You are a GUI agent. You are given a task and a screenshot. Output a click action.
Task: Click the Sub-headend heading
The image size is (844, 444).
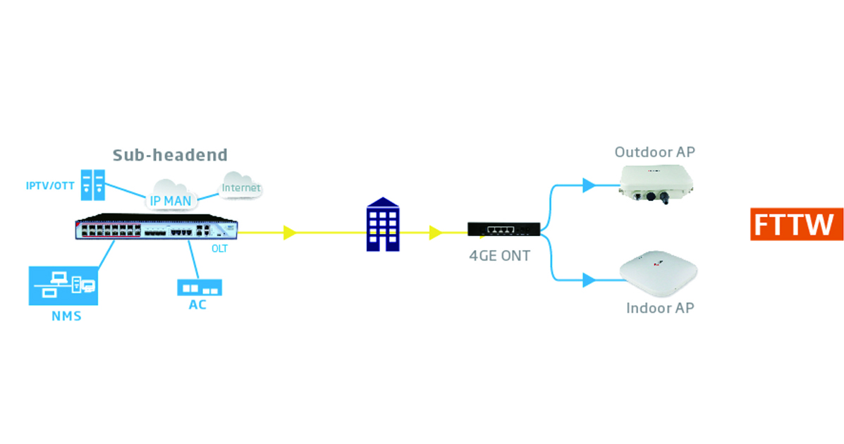pos(171,154)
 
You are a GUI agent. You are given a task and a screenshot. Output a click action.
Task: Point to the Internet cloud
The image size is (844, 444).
pos(241,186)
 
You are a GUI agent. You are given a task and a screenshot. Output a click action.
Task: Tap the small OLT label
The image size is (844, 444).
pos(220,249)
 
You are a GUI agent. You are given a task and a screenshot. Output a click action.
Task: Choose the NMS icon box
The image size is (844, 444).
pos(62,285)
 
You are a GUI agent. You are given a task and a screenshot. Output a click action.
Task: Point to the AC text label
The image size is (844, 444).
pos(197,305)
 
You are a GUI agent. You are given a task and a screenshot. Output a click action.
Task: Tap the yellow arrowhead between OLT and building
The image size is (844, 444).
pos(289,232)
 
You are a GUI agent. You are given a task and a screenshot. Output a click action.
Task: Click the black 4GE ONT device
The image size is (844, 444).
pos(503,228)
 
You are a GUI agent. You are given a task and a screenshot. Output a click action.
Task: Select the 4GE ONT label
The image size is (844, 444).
pos(499,256)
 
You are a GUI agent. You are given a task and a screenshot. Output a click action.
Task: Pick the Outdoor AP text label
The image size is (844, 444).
pos(659,152)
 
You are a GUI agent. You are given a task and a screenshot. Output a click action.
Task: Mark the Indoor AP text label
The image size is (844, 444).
pos(660,309)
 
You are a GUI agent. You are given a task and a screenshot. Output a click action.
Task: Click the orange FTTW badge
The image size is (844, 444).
pos(796,225)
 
